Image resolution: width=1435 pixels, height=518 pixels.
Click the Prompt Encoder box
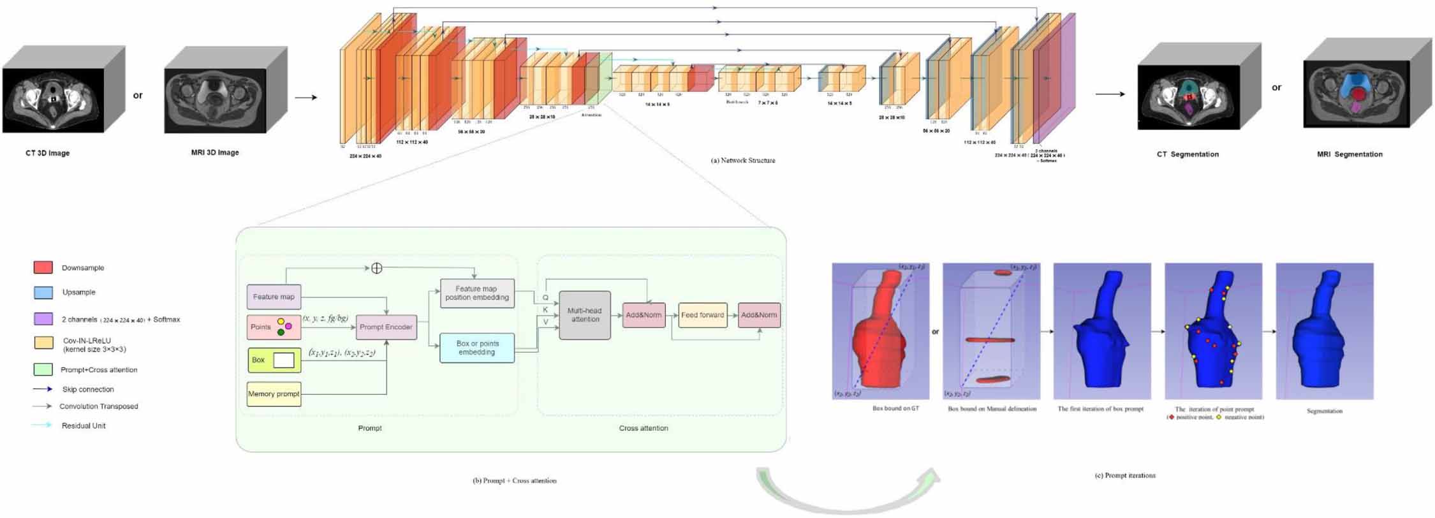click(386, 327)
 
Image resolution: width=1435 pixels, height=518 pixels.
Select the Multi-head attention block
click(584, 315)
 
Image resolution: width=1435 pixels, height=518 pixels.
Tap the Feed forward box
click(702, 315)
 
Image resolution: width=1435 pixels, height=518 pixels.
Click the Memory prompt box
click(274, 394)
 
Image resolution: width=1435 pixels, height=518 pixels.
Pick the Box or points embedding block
click(476, 348)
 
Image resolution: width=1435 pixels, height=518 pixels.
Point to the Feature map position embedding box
click(476, 293)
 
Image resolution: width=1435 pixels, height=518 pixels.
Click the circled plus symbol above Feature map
click(376, 268)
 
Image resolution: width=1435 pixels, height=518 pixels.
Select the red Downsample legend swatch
click(43, 267)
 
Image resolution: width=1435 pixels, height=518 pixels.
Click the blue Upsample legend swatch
click(43, 292)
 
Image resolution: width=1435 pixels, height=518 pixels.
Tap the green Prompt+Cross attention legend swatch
click(43, 369)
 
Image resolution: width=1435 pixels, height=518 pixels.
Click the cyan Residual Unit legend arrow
click(42, 425)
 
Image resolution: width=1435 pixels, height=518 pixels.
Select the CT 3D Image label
click(48, 153)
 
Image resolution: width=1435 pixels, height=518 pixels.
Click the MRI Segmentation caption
click(1350, 154)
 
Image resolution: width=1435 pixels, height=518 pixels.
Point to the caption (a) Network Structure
click(742, 161)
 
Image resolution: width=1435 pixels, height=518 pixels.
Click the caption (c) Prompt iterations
click(1125, 475)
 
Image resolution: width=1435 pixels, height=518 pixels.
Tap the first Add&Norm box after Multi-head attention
click(643, 315)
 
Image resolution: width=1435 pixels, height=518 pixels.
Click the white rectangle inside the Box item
click(284, 360)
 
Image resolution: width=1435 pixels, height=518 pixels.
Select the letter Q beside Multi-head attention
click(545, 298)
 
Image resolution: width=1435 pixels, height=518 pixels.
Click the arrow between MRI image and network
click(305, 98)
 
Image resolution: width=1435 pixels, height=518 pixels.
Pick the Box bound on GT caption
click(895, 408)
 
